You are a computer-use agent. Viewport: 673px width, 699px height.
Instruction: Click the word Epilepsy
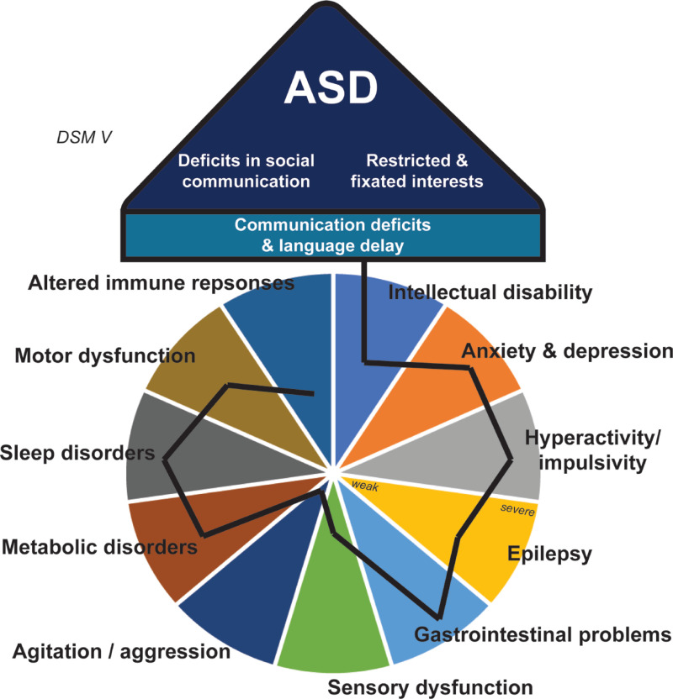click(x=551, y=554)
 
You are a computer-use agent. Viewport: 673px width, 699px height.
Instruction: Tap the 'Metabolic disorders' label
click(x=99, y=549)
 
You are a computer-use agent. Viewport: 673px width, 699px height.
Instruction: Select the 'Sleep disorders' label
click(x=77, y=454)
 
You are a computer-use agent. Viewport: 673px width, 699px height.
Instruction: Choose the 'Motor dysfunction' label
click(x=105, y=356)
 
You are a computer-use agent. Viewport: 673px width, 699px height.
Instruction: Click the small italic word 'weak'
click(x=364, y=486)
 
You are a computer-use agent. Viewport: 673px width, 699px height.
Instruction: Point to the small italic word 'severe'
click(x=517, y=510)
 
